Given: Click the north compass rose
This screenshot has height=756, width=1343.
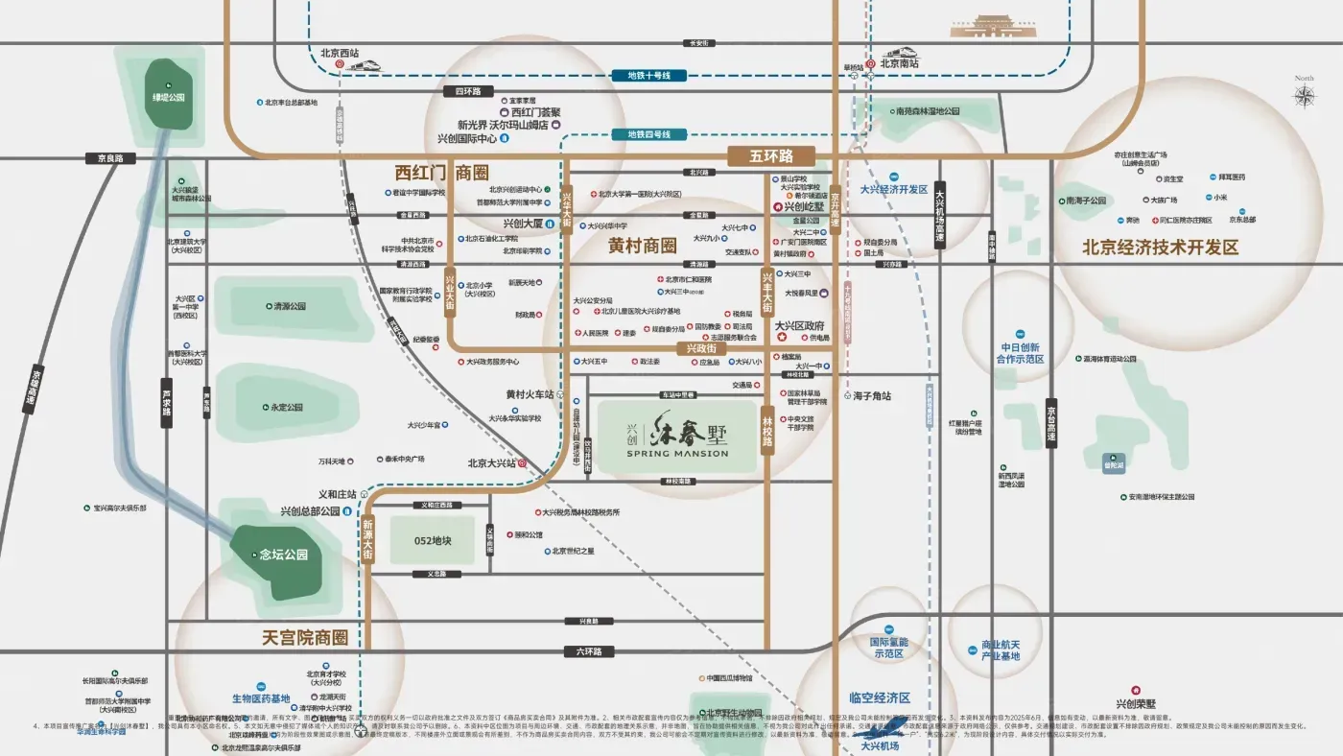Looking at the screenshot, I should [x=1305, y=96].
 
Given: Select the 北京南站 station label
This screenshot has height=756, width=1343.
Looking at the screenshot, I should [x=901, y=63].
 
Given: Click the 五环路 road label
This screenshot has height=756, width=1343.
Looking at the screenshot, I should [x=770, y=155].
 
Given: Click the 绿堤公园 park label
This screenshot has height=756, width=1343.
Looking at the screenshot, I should [x=167, y=97].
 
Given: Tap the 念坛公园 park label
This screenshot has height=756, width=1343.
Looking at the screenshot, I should [x=283, y=555].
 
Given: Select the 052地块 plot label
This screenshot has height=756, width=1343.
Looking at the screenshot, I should [x=433, y=541].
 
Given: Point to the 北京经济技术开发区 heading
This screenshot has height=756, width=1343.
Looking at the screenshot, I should [x=1161, y=248].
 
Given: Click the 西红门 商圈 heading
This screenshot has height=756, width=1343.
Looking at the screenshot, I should [x=442, y=173].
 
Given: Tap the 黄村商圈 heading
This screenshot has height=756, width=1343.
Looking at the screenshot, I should [x=642, y=246].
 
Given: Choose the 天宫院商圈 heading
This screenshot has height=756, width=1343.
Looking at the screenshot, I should [x=304, y=637].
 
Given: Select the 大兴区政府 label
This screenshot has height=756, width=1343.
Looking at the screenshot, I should [x=799, y=326].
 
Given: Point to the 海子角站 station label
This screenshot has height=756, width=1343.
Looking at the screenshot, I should [x=872, y=395].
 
